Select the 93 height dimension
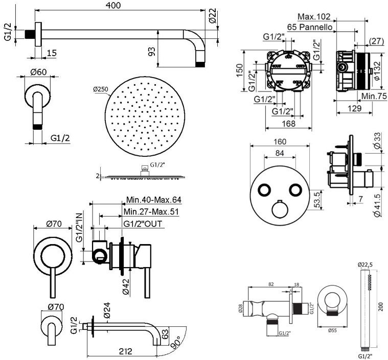(152, 51)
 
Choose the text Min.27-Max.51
(151, 211)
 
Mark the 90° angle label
(176, 343)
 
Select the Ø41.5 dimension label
(378, 206)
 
